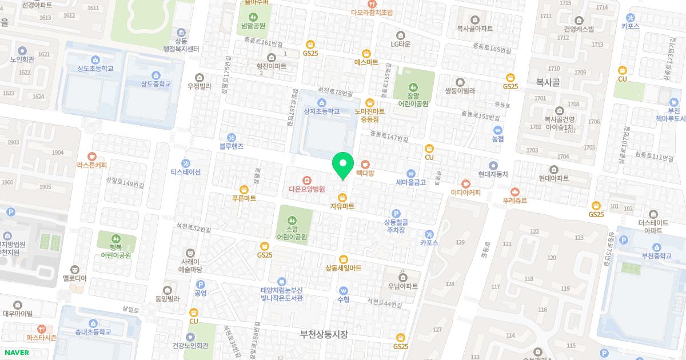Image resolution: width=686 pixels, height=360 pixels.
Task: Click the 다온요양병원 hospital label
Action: pos(306,189)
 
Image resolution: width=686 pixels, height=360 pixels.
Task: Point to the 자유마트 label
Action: pos(342,206)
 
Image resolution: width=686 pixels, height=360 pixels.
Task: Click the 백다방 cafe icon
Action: pos(365,165)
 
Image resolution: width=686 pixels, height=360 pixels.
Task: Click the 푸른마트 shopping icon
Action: pos(244,189)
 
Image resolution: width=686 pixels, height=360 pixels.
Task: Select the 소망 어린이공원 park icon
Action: pos(292,220)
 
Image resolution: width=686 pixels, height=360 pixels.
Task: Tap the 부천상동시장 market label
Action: pos(324,334)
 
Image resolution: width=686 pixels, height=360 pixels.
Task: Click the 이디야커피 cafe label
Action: pos(465,193)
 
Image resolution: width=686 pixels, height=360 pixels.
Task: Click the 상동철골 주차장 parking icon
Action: pos(395,213)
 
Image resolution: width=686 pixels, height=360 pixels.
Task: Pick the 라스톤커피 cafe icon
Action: pos(91,156)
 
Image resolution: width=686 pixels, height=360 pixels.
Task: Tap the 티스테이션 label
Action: pos(186,172)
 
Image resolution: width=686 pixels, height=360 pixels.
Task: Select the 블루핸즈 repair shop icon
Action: pos(232,137)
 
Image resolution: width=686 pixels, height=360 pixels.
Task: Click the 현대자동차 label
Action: pos(493,174)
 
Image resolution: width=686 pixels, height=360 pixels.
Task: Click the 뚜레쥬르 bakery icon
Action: pos(514,192)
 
